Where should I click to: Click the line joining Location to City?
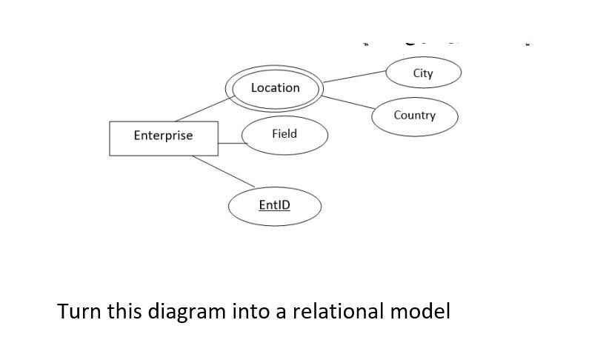coord(354,76)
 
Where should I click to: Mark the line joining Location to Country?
coord(347,102)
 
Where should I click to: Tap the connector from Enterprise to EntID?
coord(224,172)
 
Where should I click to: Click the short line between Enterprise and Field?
coord(230,144)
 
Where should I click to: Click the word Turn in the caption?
coord(79,310)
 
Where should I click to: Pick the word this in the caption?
coord(124,310)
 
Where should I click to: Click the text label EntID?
coord(274,204)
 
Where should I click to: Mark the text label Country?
coord(414,116)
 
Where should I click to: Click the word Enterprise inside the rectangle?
coord(163,136)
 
